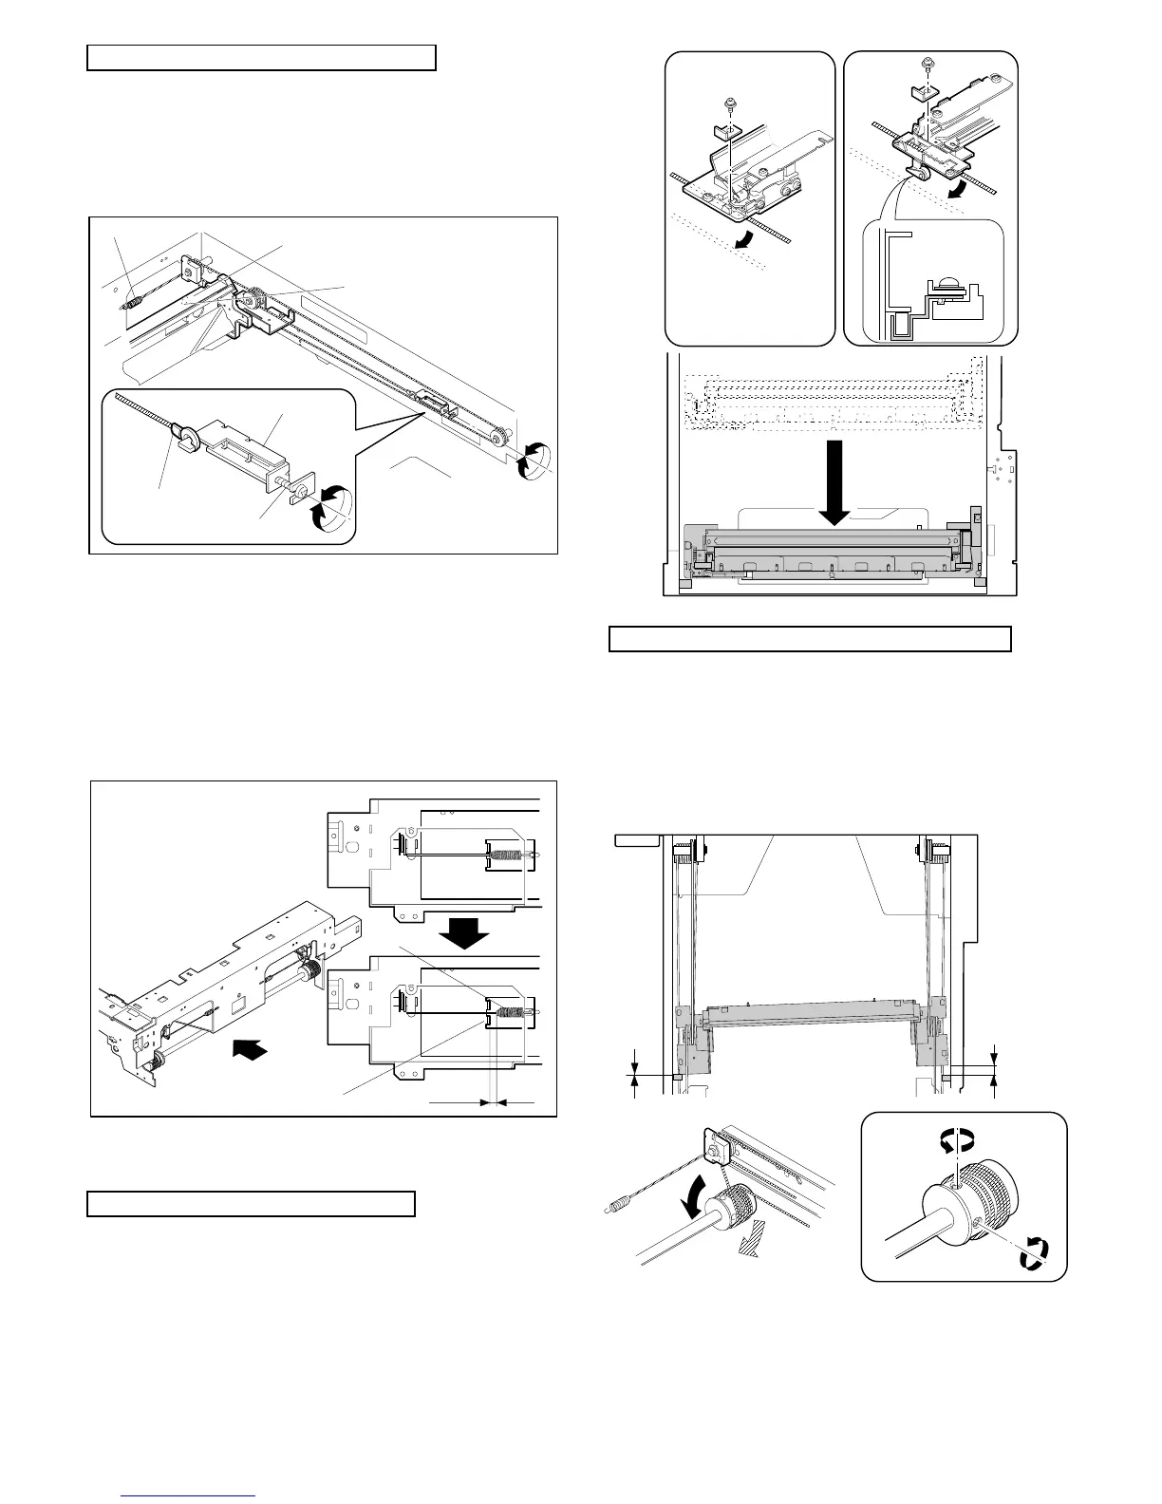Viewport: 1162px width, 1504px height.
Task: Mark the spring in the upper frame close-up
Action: (509, 855)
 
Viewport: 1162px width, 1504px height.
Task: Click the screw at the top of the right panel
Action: (927, 65)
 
